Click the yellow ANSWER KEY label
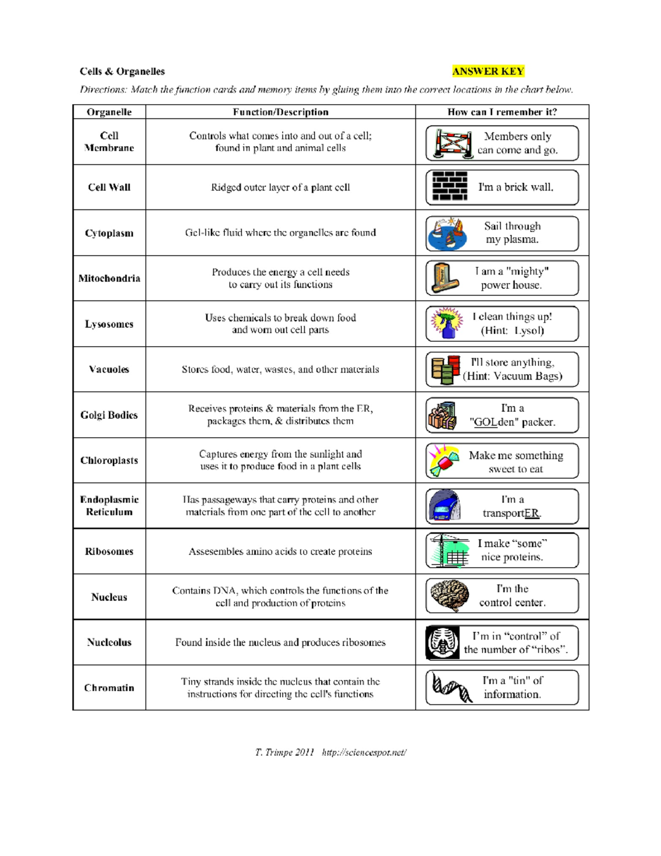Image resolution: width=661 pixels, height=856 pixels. (487, 71)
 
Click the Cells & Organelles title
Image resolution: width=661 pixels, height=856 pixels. (122, 71)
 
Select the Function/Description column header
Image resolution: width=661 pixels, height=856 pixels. (280, 112)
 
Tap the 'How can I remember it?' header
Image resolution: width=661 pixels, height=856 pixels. (502, 112)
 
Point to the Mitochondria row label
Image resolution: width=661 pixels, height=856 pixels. (109, 278)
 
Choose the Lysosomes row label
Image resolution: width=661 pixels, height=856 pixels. (109, 324)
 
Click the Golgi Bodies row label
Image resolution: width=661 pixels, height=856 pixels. (109, 415)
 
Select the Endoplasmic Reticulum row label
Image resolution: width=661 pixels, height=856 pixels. (109, 505)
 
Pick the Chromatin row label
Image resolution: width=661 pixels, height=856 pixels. (109, 688)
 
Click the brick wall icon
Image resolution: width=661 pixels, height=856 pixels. (449, 187)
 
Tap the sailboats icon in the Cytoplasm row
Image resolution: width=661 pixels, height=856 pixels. (447, 233)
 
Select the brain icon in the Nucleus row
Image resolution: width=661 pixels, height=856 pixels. (449, 596)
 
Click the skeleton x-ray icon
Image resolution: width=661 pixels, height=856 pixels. (443, 642)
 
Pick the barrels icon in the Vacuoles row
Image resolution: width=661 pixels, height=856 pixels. (446, 369)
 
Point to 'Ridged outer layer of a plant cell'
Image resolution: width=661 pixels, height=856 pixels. (280, 187)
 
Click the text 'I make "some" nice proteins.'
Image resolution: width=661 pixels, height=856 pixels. (512, 550)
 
